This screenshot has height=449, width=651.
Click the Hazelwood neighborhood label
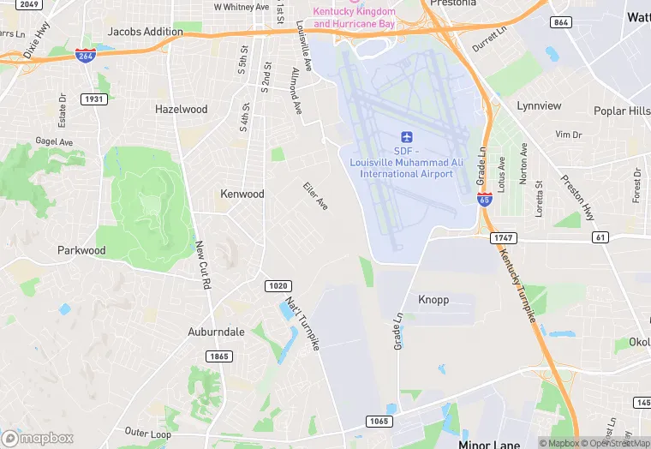click(x=181, y=110)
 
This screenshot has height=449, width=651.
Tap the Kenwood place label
click(x=242, y=194)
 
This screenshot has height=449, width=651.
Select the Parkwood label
click(x=81, y=251)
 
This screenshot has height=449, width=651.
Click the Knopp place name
click(x=433, y=300)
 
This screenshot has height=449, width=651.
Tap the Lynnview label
click(x=539, y=106)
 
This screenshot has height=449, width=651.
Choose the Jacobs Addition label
click(x=145, y=32)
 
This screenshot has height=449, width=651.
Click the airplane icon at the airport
click(x=407, y=137)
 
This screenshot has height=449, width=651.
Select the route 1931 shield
click(x=94, y=100)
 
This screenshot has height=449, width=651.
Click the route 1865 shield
click(x=217, y=356)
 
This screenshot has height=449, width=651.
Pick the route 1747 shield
click(x=503, y=236)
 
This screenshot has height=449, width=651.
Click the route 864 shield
click(x=562, y=22)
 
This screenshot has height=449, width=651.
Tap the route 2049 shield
click(x=28, y=4)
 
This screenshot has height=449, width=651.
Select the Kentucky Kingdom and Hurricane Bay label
click(x=355, y=17)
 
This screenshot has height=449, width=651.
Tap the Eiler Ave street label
click(x=315, y=195)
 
